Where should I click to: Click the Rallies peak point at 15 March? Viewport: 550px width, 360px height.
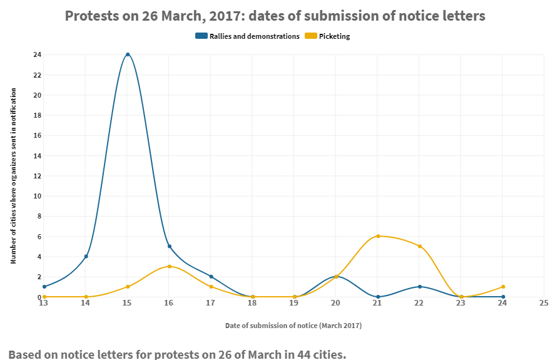tap(128, 54)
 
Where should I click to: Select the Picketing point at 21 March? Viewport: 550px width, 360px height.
tap(378, 236)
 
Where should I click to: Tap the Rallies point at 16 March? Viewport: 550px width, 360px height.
tap(170, 246)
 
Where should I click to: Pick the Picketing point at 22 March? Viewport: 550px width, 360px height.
tap(419, 246)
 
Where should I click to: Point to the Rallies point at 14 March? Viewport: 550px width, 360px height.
tap(86, 256)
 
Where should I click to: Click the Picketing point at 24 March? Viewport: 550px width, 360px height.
tap(503, 287)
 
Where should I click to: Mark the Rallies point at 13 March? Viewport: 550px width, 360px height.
tap(44, 287)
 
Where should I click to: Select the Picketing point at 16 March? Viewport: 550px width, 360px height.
tap(170, 266)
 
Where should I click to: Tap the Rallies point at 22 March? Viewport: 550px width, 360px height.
tap(419, 287)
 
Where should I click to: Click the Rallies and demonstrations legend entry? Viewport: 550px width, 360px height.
tap(248, 36)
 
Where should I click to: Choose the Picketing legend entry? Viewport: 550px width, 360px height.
tap(328, 36)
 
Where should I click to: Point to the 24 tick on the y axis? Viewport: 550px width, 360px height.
tap(38, 54)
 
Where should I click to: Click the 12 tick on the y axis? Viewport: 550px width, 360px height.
tap(38, 176)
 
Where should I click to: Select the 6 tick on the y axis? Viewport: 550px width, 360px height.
tap(39, 236)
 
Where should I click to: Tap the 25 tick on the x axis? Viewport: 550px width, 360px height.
tap(543, 303)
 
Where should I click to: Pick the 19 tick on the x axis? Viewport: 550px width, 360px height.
tap(294, 303)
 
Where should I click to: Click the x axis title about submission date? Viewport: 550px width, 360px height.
tap(293, 326)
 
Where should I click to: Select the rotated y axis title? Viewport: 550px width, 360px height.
tap(13, 176)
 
